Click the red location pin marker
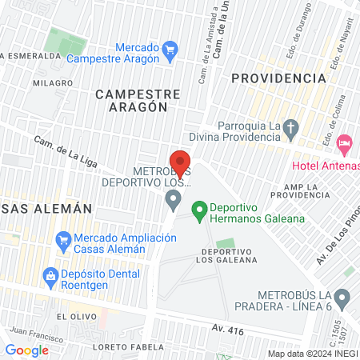click(x=181, y=162)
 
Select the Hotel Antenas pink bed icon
click(x=345, y=145)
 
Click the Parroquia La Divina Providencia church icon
click(x=291, y=126)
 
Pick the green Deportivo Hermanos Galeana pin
click(x=199, y=213)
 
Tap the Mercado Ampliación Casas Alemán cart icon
click(x=62, y=239)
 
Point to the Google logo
click(x=27, y=350)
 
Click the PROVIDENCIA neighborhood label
click(x=278, y=78)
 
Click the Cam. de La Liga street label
click(x=66, y=152)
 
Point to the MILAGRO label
click(x=54, y=82)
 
